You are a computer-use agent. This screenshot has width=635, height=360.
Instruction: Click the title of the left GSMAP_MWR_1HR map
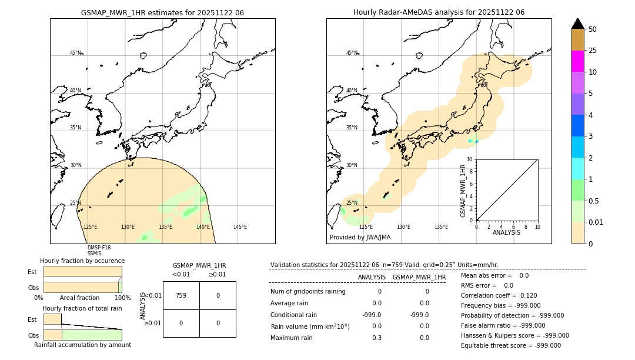162,12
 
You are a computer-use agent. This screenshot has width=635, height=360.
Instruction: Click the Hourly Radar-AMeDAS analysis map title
439,12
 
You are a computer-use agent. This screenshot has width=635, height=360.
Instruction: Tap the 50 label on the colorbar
593,29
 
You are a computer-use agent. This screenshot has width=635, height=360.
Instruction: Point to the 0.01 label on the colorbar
596,222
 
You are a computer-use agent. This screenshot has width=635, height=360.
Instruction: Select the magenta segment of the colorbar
577,61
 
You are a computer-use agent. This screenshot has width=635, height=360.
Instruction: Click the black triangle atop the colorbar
578,24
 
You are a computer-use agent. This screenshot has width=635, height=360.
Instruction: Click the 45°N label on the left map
75,53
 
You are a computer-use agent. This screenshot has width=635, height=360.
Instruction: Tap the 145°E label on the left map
240,227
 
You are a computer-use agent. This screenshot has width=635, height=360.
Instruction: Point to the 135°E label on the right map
441,227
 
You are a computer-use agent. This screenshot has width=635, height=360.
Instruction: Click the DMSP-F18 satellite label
99,248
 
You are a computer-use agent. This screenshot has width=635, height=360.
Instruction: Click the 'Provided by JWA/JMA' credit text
360,238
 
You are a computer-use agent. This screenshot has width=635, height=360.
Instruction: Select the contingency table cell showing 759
181,295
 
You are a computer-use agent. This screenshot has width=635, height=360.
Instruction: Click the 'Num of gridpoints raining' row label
308,291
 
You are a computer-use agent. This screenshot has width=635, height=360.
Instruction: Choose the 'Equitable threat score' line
510,345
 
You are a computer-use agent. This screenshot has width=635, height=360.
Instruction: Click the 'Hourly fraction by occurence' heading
82,261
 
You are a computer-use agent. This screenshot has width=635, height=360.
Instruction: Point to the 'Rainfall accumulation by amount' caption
82,345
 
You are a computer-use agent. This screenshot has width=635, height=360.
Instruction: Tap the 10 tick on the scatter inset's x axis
537,226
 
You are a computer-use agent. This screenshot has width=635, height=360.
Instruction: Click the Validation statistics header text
384,265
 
